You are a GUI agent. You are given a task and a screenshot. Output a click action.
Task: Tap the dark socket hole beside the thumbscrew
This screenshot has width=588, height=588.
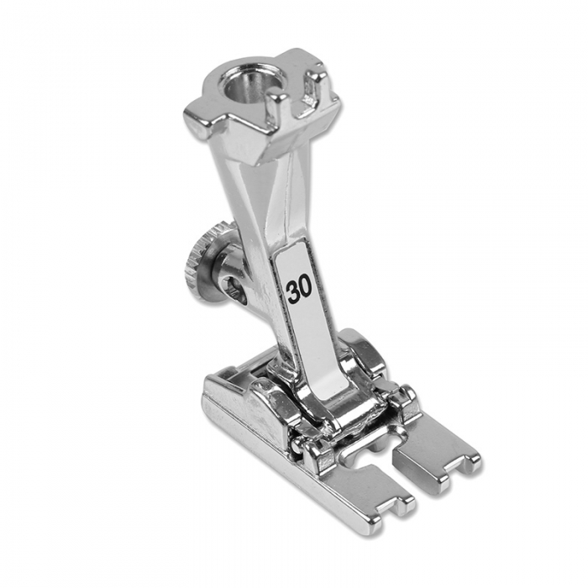(x=234, y=286)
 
